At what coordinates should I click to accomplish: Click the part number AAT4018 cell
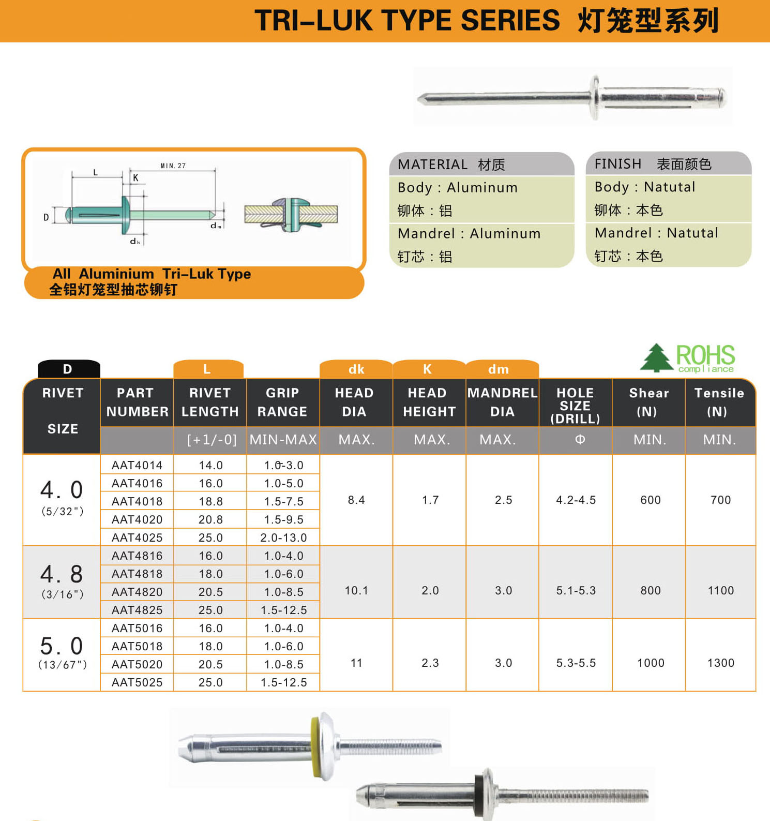coord(137,501)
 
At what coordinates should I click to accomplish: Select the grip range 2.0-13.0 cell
coord(283,538)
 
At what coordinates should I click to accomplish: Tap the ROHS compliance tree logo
coord(656,357)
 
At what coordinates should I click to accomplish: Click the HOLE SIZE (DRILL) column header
coord(575,406)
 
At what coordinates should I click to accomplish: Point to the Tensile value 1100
coord(720,590)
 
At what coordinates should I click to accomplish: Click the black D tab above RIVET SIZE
coord(68,369)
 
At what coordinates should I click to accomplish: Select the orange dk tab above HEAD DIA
coord(356,369)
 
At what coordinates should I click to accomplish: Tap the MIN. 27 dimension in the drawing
coord(173,166)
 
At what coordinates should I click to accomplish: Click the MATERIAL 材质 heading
coord(451,165)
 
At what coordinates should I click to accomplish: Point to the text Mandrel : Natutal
coord(656,233)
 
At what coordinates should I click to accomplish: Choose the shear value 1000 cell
coord(650,663)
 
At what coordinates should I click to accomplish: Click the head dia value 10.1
coord(356,590)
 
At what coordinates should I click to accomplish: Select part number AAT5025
coord(137,682)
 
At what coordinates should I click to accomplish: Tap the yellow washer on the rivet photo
coord(314,745)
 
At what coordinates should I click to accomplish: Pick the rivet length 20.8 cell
coord(210,519)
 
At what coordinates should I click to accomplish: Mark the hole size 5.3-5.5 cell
coord(576,663)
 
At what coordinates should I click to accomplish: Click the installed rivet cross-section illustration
coord(291,213)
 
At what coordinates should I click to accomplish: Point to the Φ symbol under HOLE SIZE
coord(580,439)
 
